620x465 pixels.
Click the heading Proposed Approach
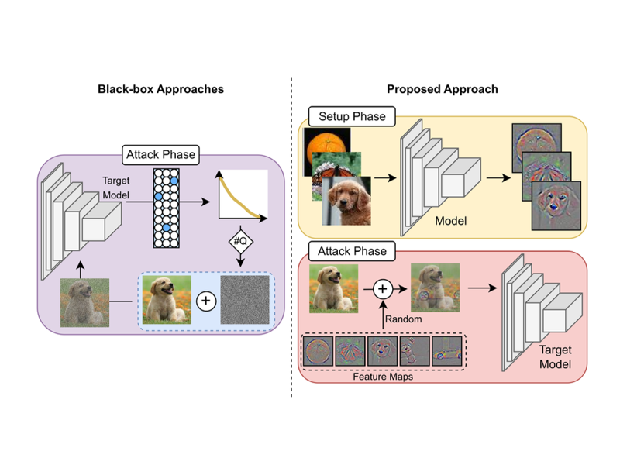442,89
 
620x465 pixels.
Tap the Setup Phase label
353,117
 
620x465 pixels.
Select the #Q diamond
240,241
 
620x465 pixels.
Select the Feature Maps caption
381,376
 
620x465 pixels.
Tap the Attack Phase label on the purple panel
159,155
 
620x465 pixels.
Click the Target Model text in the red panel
556,357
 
